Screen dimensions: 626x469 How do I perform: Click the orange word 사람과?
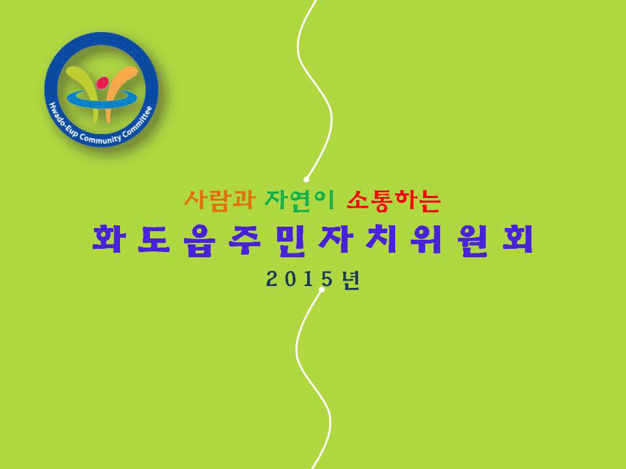219,200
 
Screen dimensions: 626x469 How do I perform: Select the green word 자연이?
299,200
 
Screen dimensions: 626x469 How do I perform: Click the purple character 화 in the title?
108,239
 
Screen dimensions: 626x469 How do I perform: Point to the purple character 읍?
200,240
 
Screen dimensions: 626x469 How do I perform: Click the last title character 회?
518,239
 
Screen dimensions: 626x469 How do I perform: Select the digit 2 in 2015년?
273,279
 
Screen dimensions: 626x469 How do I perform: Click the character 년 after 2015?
351,279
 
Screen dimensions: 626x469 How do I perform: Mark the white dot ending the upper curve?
306,180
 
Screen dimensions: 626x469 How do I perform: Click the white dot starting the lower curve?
321,289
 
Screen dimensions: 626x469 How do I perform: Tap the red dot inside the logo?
102,83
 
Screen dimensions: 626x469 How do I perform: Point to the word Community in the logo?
100,139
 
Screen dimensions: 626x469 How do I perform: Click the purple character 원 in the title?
472,240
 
